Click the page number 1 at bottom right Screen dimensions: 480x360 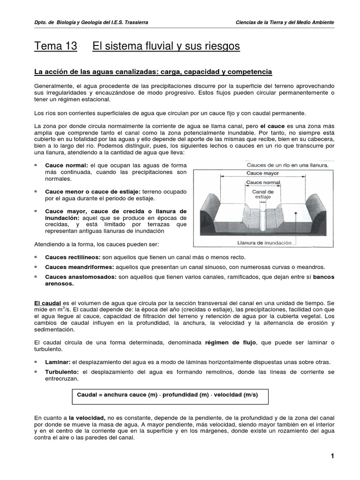(332, 457)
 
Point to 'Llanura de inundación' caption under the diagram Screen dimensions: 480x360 (264, 243)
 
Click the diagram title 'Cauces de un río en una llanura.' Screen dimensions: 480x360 (288, 165)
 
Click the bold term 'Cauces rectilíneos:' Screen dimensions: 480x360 (73, 257)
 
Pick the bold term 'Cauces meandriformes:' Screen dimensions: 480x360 (79, 267)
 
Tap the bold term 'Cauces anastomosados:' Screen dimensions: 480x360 (81, 277)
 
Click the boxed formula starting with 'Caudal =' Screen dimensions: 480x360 (167, 395)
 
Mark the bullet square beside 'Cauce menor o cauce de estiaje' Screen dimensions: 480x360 (36, 192)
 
